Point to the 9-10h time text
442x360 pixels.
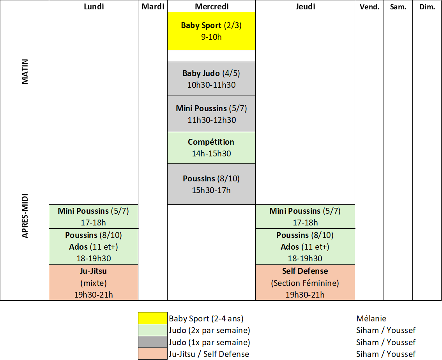coord(212,37)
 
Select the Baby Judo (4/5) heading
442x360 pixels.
coord(211,73)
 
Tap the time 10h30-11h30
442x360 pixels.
coord(212,85)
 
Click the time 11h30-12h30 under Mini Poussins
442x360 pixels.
coord(212,120)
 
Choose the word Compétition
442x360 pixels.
coord(211,142)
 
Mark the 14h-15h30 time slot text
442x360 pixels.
coord(212,154)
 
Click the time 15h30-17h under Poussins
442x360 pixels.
coord(212,190)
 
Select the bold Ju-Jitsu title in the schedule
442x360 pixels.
coord(94,271)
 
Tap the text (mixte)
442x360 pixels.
coord(94,283)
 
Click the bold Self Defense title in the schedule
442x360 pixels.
coord(305,271)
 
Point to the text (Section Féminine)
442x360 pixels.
coord(305,283)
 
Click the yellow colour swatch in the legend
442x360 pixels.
coord(153,318)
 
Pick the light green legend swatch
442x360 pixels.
coord(153,330)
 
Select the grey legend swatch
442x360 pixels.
coord(153,342)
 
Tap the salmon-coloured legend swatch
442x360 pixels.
coord(153,354)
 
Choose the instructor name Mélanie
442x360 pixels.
coord(371,319)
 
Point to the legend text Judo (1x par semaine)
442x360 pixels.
coord(209,342)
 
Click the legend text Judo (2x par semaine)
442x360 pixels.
coord(209,330)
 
